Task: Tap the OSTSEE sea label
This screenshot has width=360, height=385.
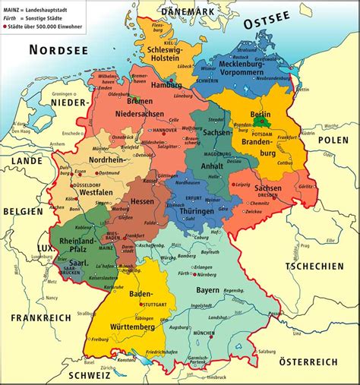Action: (x=267, y=24)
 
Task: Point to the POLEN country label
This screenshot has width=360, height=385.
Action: (x=332, y=140)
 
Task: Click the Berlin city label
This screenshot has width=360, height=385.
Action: (x=261, y=113)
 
